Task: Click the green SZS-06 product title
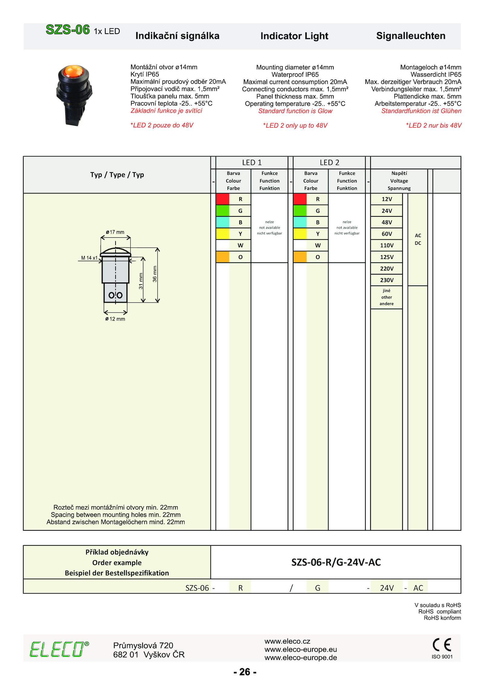point(67,30)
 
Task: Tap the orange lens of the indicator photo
point(74,71)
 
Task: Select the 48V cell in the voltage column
point(386,222)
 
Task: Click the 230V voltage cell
point(386,280)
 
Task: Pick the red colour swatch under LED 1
point(222,199)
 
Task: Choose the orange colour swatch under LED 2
point(300,257)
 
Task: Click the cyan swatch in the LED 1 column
point(222,222)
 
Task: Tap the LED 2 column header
point(329,163)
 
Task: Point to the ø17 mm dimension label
point(115,232)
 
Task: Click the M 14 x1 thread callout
point(89,258)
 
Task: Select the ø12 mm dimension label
point(115,319)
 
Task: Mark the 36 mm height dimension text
point(155,274)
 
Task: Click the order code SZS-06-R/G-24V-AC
point(336,562)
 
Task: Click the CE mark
point(442,644)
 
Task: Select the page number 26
point(245,672)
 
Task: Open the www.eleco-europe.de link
point(300,657)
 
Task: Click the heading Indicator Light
point(294,36)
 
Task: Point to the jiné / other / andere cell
point(386,297)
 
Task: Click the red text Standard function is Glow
point(295,111)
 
